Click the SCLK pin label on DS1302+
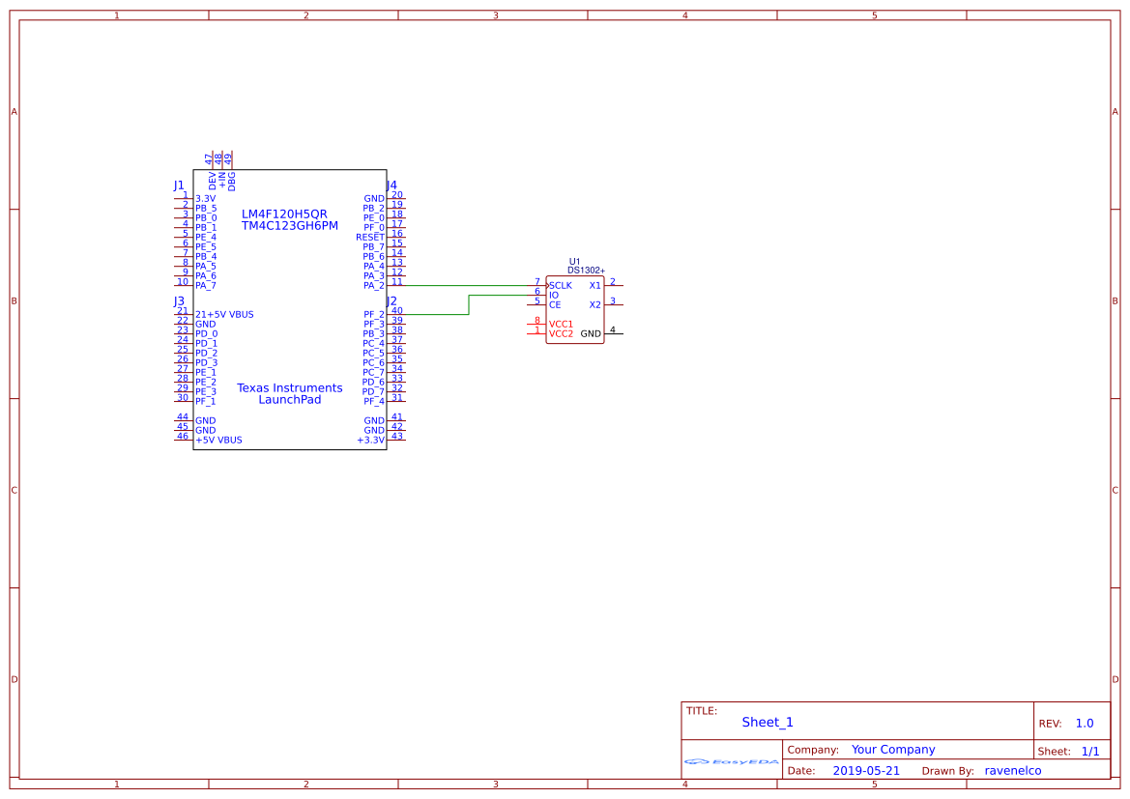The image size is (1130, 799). pos(561,285)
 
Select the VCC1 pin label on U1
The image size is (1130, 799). pos(561,325)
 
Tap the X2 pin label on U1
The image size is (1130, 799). pos(594,304)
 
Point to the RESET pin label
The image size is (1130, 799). pos(369,237)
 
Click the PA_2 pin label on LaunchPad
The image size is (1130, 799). pos(374,286)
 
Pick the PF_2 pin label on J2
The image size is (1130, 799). pos(374,315)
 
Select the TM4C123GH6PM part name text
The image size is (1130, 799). pos(290,225)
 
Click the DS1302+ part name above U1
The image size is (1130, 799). pos(586,271)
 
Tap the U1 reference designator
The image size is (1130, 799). pos(574,262)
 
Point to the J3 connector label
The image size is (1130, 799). pos(179,301)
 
